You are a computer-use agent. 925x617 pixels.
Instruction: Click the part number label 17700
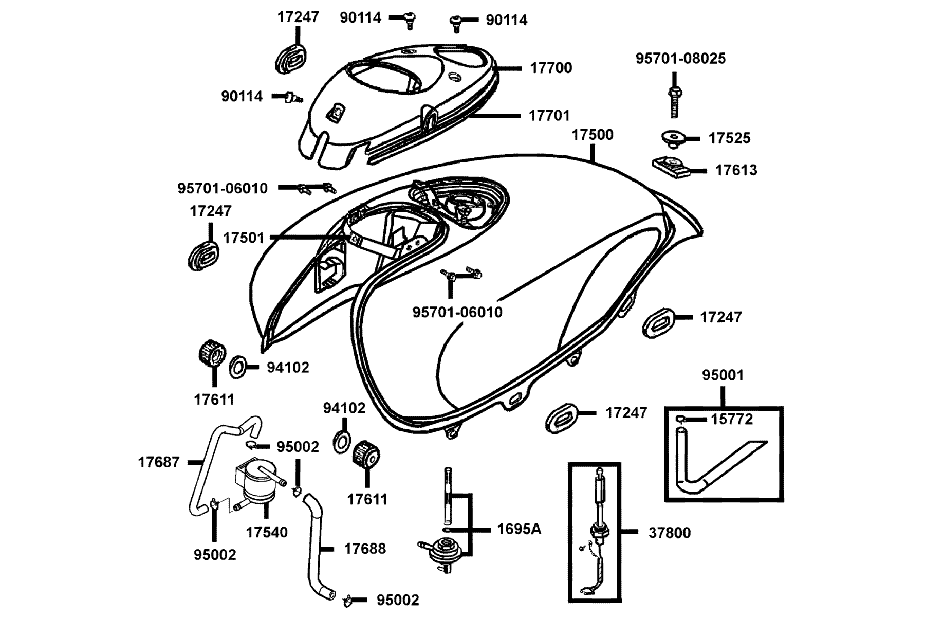click(551, 68)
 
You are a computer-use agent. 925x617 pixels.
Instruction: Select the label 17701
click(549, 116)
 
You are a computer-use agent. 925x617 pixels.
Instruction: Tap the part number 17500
click(593, 135)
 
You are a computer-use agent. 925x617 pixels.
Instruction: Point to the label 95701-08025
click(681, 59)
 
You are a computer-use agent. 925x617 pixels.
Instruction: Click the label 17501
click(244, 238)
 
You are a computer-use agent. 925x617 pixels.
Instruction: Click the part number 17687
click(159, 462)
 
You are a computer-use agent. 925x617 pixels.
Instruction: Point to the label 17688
click(365, 549)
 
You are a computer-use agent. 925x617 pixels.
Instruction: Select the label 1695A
click(519, 529)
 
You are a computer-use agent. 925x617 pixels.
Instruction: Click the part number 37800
click(670, 533)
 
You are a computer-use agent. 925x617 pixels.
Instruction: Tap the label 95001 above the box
click(723, 375)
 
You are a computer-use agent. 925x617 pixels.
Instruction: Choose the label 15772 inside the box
click(732, 420)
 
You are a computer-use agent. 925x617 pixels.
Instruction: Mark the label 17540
click(267, 532)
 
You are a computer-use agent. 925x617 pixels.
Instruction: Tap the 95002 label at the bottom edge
click(398, 600)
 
